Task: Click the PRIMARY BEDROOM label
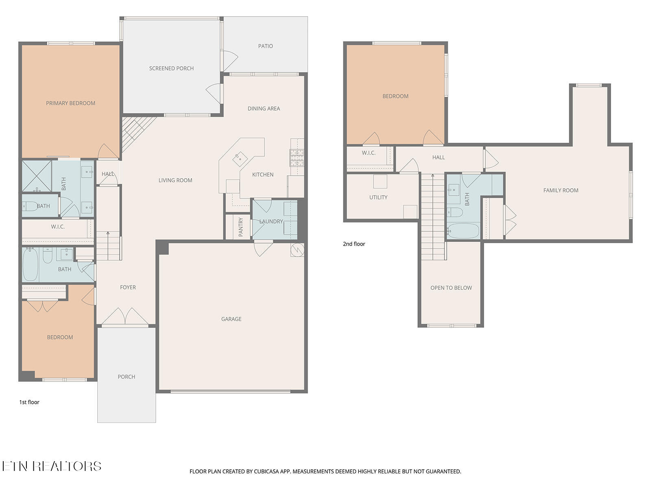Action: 70,103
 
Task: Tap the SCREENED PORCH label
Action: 171,68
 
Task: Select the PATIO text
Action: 265,46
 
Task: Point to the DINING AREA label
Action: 264,109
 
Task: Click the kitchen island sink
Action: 240,159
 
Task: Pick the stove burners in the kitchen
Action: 297,157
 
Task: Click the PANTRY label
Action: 241,227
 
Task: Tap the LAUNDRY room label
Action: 271,221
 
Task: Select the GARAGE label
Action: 232,319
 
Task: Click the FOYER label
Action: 128,287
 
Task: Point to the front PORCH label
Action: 127,377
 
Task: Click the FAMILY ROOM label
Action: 561,190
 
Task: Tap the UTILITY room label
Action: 378,197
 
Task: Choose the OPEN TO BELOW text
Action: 451,288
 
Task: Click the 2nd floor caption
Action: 354,244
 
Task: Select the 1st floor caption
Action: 29,402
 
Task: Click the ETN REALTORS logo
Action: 52,466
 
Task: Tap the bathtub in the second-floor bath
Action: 463,231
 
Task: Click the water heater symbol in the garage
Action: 297,250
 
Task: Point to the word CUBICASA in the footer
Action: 267,471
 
